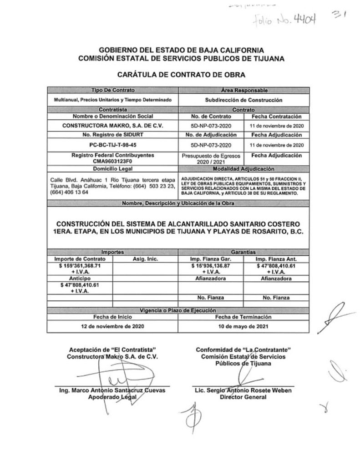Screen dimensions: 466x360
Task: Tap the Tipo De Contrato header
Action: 112,91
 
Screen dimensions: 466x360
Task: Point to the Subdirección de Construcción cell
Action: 243,99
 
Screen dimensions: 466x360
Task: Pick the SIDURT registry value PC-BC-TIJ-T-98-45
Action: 112,145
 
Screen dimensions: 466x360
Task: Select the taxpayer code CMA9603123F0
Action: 112,161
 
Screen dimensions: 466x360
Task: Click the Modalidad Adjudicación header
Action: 243,168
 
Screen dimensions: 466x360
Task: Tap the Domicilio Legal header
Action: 112,168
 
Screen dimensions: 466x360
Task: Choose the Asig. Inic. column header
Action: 145,259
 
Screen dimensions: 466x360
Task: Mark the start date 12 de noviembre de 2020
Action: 112,326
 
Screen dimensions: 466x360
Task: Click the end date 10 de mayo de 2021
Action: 243,326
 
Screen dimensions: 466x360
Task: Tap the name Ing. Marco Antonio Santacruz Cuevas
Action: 112,390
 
